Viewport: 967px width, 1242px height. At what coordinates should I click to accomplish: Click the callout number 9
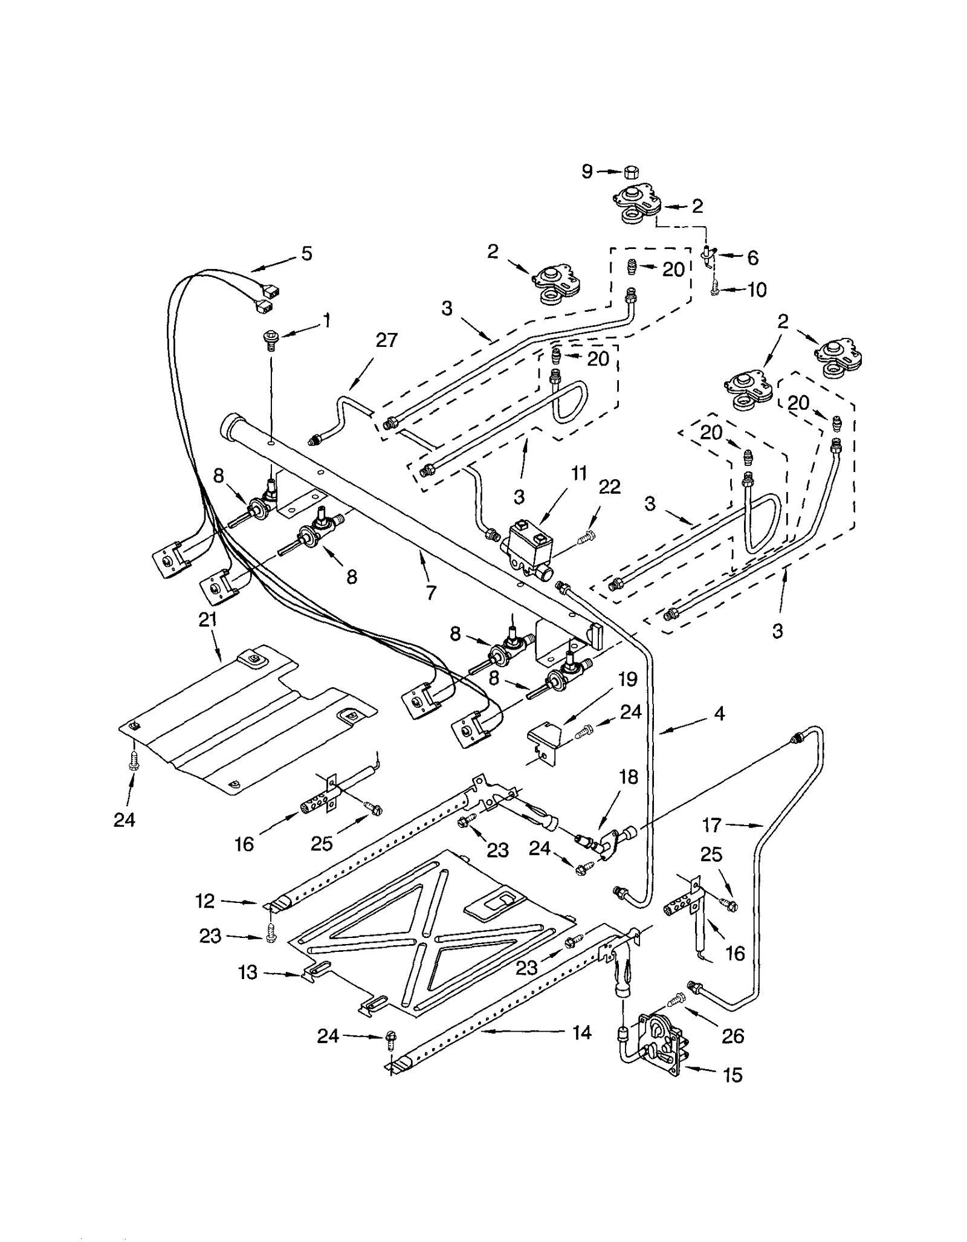click(587, 172)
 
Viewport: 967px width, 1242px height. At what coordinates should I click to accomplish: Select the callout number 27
click(387, 340)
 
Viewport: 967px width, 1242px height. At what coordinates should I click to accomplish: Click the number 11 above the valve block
click(579, 473)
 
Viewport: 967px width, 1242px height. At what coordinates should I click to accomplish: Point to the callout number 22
click(609, 487)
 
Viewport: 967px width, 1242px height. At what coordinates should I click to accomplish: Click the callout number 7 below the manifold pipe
click(430, 593)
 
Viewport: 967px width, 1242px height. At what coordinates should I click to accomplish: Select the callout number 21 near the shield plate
click(207, 619)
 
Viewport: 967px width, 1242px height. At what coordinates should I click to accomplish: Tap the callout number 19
click(628, 679)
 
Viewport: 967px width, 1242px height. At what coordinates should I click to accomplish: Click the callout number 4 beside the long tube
click(719, 713)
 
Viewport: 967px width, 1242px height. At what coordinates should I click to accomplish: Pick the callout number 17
click(712, 824)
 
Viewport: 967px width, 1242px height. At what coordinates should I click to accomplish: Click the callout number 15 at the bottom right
click(733, 1075)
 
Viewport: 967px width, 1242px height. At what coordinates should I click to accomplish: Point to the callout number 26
click(733, 1036)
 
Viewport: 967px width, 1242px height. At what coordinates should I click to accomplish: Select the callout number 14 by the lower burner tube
click(581, 1032)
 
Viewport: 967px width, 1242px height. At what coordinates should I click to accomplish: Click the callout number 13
click(248, 972)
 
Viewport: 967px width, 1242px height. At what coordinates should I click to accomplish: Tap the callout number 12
click(205, 901)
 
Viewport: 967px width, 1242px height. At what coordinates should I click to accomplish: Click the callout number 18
click(629, 777)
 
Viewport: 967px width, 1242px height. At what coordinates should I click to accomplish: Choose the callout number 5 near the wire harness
click(307, 253)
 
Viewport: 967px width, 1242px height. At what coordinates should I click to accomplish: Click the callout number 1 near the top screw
click(327, 320)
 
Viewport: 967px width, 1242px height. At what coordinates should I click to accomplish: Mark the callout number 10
click(757, 289)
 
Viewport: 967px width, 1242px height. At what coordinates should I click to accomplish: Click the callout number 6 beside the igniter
click(752, 257)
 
